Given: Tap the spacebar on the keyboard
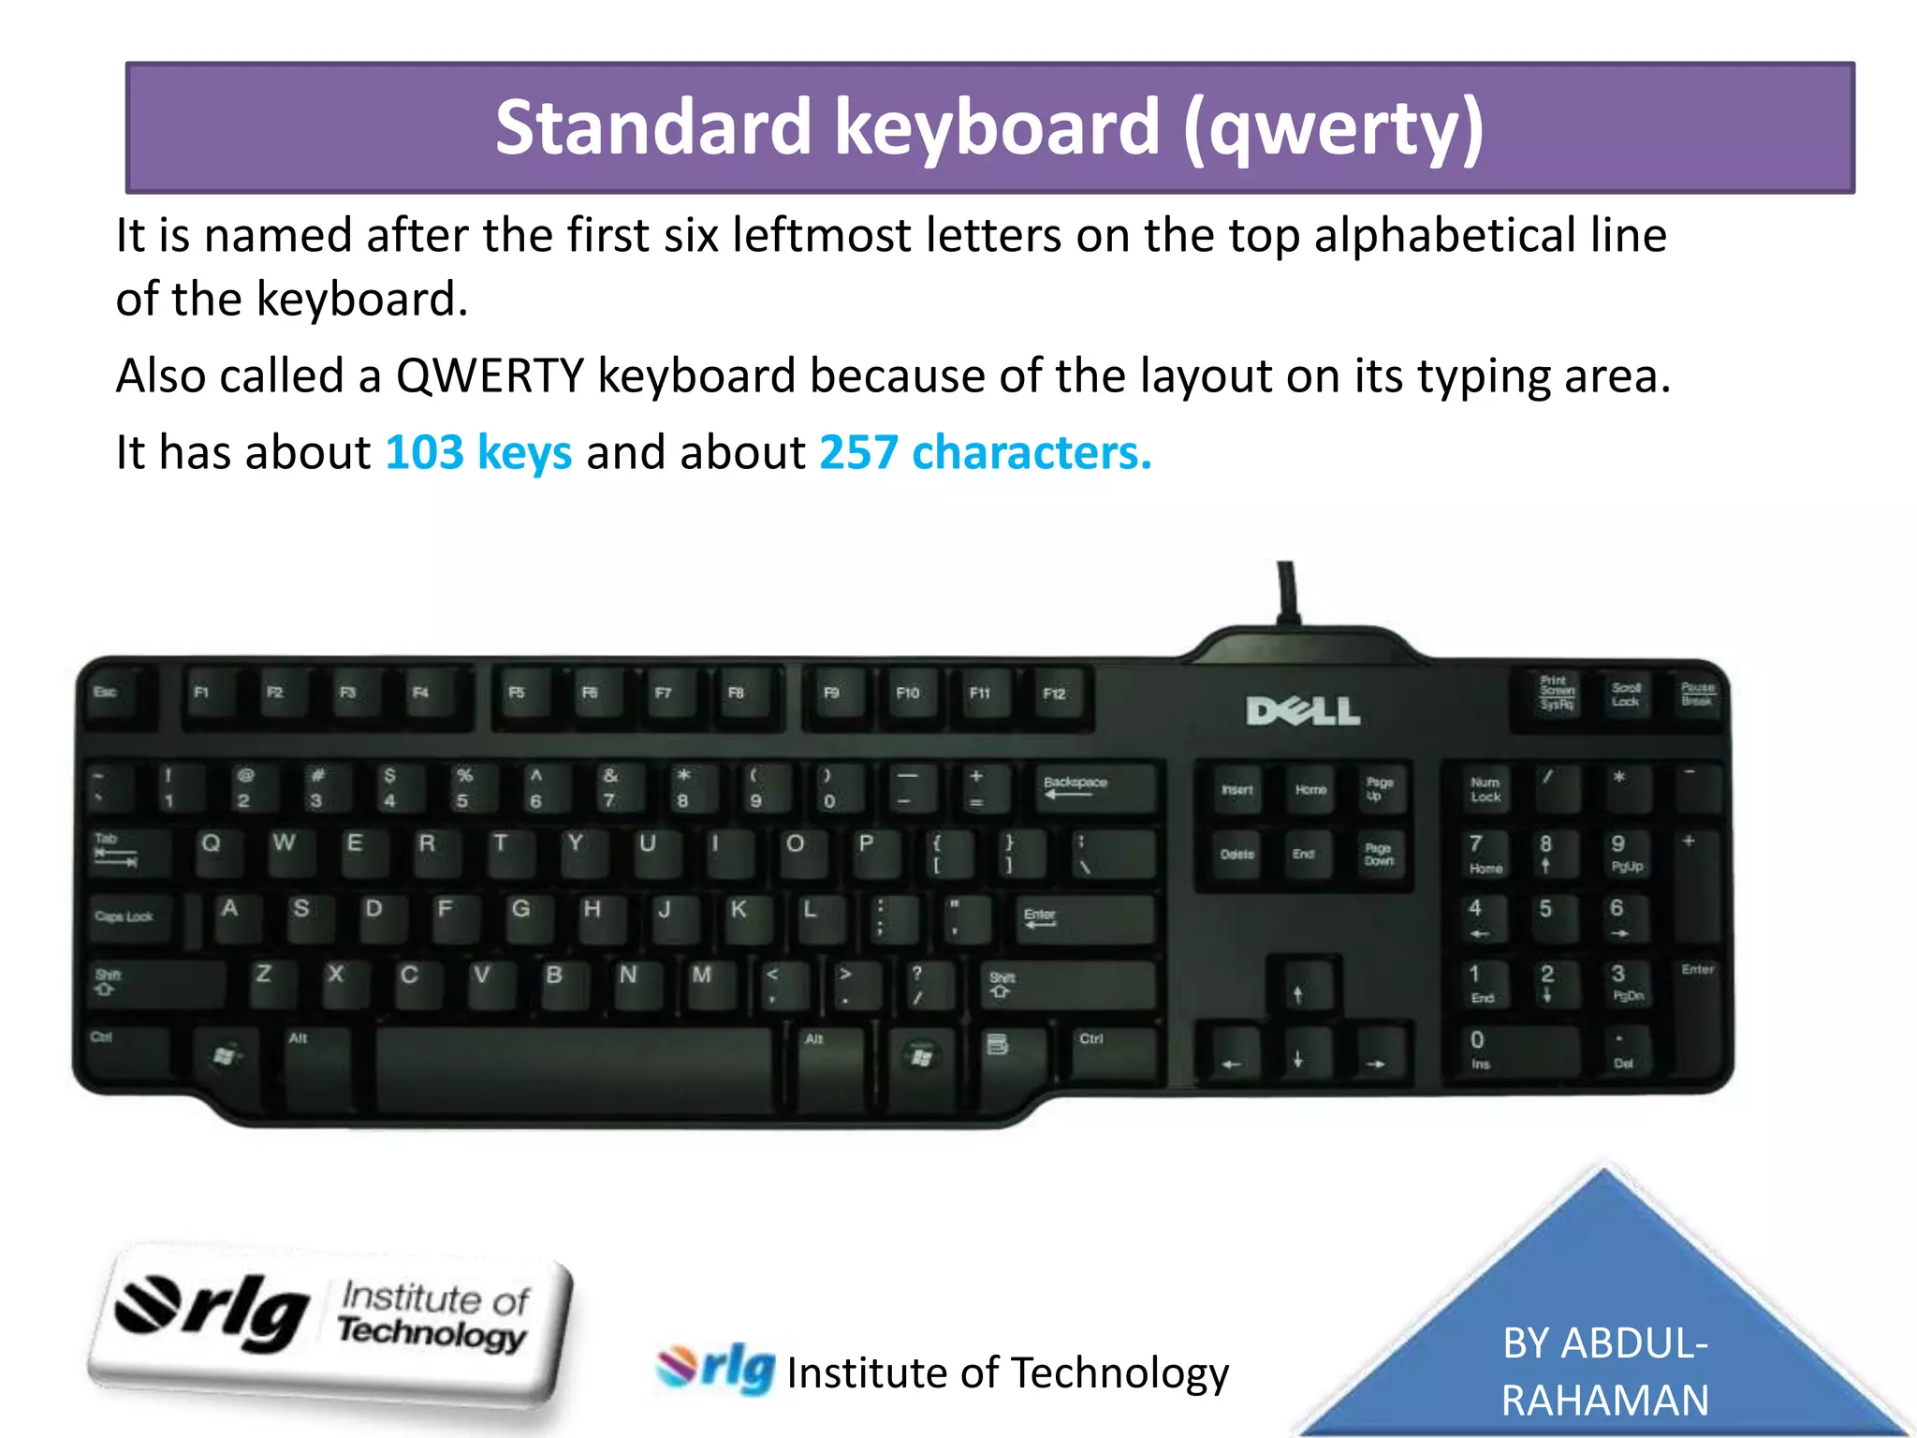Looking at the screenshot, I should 573,1064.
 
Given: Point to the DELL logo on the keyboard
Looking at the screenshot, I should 1303,712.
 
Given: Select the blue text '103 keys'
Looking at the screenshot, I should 478,453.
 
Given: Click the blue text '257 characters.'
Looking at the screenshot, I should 985,453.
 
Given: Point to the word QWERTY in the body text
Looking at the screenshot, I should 490,376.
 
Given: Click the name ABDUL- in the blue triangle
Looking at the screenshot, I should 1604,1343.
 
